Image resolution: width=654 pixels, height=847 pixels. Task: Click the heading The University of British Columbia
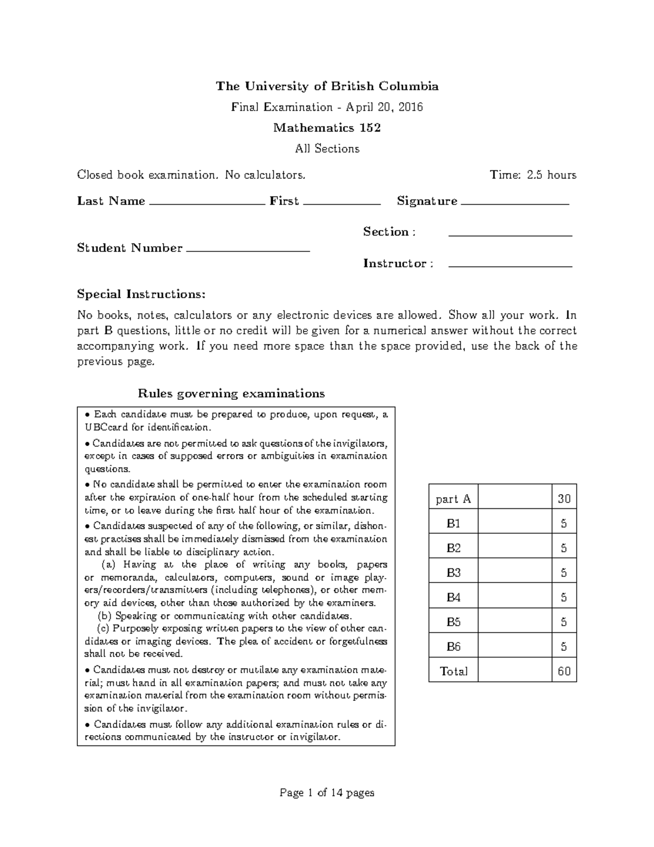pyautogui.click(x=327, y=86)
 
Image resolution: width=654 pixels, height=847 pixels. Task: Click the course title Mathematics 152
pyautogui.click(x=327, y=128)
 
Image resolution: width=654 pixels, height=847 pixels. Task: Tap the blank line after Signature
pyautogui.click(x=514, y=203)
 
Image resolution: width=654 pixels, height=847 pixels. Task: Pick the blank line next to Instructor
pyautogui.click(x=510, y=266)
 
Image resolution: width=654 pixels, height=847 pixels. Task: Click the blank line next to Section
pyautogui.click(x=510, y=235)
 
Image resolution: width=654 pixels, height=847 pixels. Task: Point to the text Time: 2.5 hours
pyautogui.click(x=532, y=175)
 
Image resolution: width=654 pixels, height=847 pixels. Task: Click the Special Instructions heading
pyautogui.click(x=141, y=295)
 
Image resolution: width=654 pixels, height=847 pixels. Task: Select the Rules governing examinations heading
pyautogui.click(x=231, y=393)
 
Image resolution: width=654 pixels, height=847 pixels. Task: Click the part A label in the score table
pyautogui.click(x=453, y=499)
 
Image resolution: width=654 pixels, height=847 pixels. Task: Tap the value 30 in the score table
pyautogui.click(x=564, y=498)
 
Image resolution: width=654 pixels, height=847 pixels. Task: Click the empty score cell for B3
pyautogui.click(x=514, y=572)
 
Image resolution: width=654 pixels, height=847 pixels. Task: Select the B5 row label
pyautogui.click(x=453, y=622)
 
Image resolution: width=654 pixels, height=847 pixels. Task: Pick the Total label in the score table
pyautogui.click(x=453, y=671)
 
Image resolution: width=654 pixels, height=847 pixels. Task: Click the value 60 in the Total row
pyautogui.click(x=564, y=671)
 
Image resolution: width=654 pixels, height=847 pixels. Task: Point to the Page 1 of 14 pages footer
pyautogui.click(x=327, y=792)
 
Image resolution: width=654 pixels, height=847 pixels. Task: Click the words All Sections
pyautogui.click(x=327, y=149)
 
